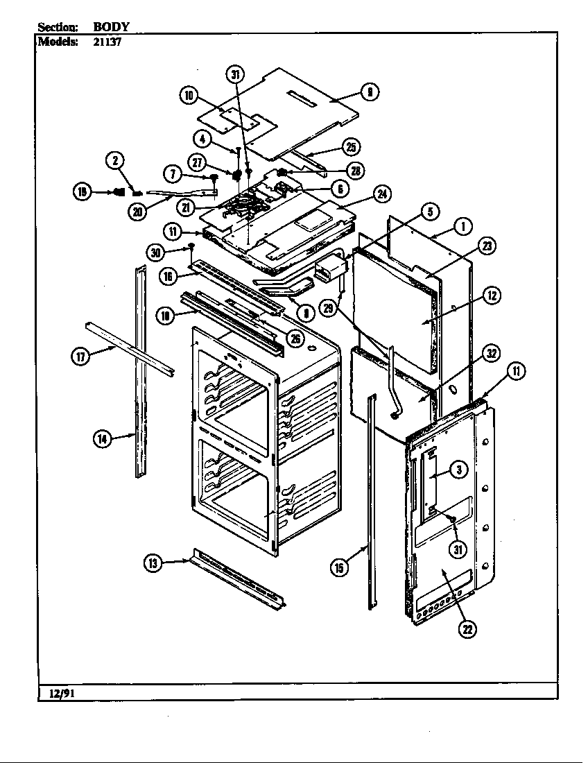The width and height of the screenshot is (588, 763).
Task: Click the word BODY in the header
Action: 112,27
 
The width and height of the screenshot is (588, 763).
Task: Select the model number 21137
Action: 107,40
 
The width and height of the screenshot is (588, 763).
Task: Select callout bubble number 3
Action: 458,470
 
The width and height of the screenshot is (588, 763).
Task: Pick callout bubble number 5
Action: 429,211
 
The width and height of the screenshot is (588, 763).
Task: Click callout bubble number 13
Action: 152,563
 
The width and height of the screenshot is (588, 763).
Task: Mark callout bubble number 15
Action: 339,568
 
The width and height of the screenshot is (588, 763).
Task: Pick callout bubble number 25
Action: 352,146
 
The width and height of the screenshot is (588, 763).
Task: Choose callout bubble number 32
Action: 491,353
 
